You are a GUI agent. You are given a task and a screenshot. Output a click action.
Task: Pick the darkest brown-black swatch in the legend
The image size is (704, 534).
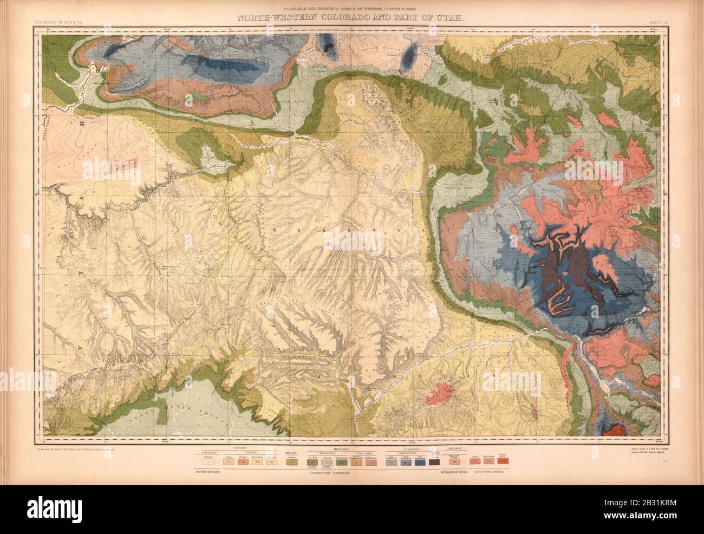434,462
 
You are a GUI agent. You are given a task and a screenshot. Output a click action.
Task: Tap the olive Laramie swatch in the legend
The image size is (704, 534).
292,462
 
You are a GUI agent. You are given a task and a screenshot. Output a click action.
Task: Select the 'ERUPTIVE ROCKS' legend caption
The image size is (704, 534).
490,472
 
